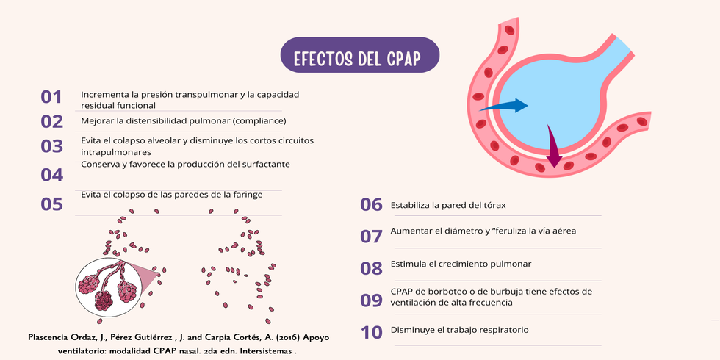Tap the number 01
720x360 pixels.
(51, 97)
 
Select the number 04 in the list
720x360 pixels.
(51, 175)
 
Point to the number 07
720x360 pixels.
(371, 237)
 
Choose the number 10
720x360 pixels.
(372, 333)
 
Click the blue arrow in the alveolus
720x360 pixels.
(503, 106)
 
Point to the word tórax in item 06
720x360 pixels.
(494, 205)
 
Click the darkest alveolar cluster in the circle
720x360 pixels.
(104, 300)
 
